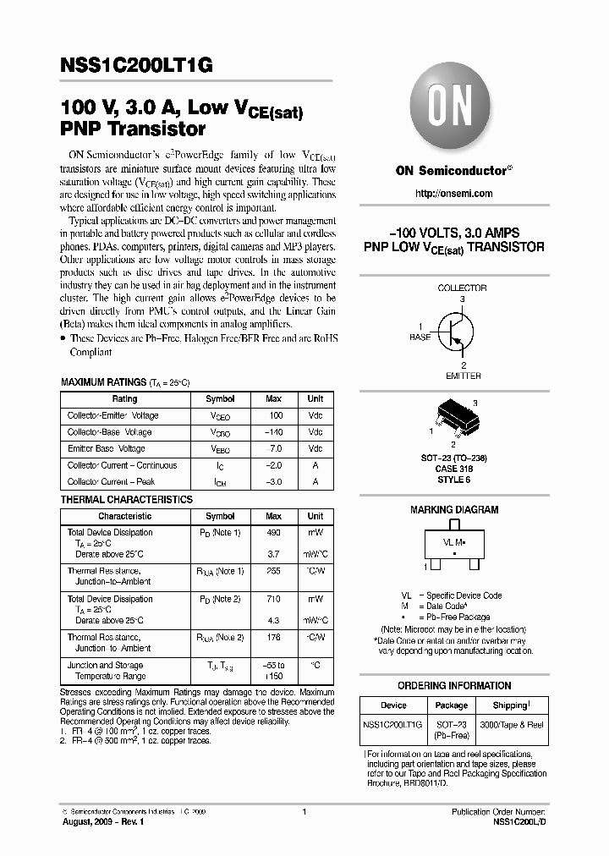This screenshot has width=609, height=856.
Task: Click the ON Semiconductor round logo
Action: (x=453, y=110)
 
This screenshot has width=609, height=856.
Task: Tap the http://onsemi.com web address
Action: (x=453, y=194)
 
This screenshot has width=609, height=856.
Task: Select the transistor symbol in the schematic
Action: (x=453, y=329)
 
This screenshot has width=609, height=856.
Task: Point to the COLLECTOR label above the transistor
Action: (x=462, y=288)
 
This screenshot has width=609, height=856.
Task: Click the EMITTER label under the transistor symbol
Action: (x=463, y=376)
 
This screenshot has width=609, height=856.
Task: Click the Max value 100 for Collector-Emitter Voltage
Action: (x=275, y=416)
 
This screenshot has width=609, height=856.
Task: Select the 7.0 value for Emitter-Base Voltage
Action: (x=275, y=449)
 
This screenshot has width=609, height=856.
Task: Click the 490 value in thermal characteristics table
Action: (x=274, y=533)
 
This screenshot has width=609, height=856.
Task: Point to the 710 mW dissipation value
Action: (x=274, y=599)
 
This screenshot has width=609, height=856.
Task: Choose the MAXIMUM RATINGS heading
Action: (x=102, y=382)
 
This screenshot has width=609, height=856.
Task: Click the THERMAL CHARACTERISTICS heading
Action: (x=126, y=500)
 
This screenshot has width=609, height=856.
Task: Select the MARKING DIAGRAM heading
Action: (x=454, y=510)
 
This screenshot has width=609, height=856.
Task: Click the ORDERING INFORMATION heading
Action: (x=454, y=686)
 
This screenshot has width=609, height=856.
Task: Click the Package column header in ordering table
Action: (x=451, y=705)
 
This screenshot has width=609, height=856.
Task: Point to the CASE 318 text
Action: (x=454, y=469)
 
